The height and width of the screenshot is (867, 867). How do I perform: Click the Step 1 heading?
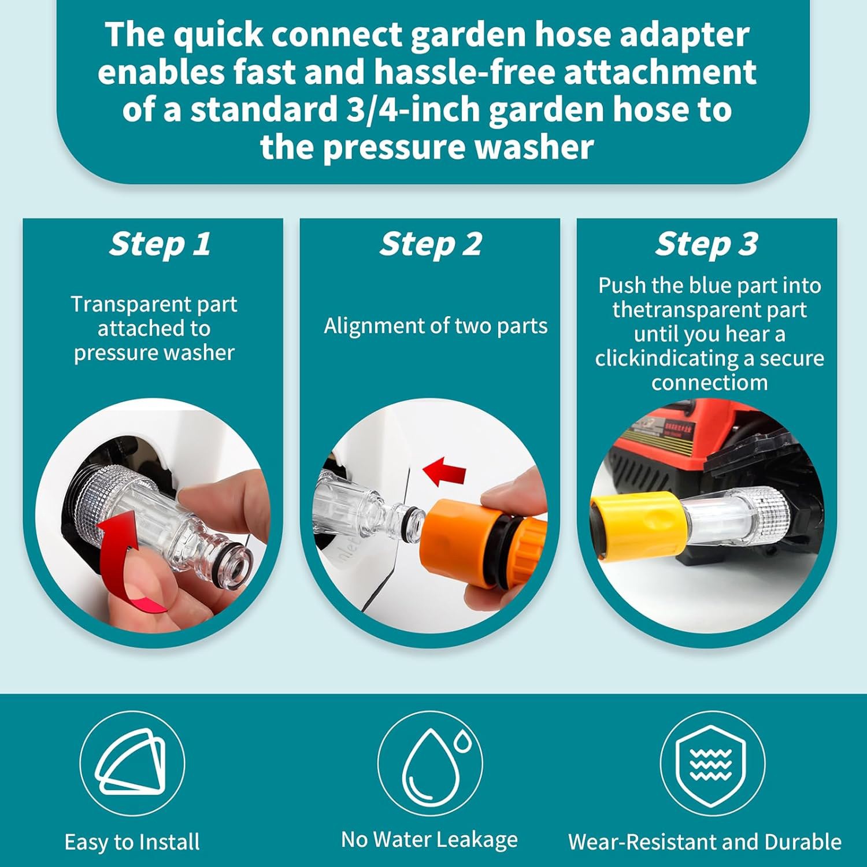[160, 244]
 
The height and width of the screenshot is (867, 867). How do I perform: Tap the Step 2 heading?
[431, 244]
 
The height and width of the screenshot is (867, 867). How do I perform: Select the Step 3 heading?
[706, 244]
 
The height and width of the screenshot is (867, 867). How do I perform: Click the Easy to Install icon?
[132, 763]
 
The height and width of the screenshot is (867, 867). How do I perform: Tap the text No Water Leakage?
[429, 839]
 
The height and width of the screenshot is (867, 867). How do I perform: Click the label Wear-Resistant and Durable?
[705, 842]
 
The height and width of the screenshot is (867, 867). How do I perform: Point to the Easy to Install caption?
[132, 842]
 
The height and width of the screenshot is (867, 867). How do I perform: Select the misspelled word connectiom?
[709, 383]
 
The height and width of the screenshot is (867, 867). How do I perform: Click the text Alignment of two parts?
[435, 326]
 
